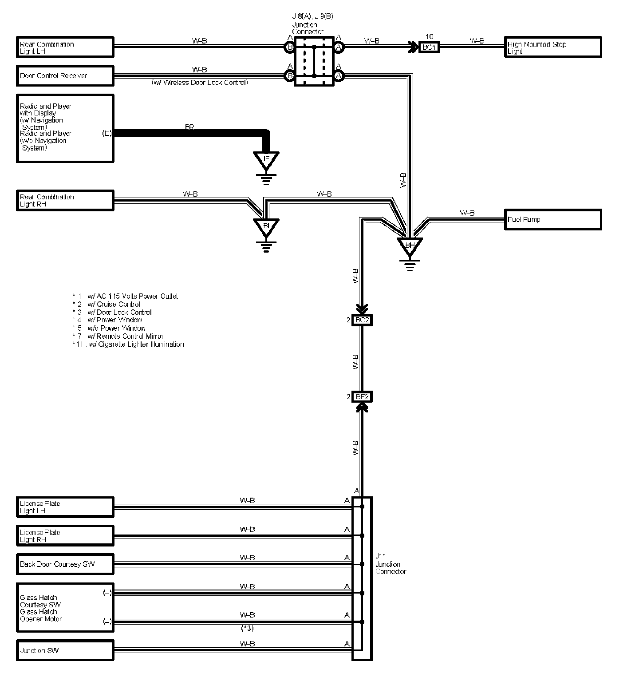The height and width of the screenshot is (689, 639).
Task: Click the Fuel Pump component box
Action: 553,220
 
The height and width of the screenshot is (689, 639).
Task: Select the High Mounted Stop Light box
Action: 553,48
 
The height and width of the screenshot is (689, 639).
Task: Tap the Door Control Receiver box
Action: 65,75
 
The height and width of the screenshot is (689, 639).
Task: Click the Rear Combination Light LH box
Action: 65,48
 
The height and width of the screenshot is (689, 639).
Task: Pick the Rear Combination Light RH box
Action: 65,201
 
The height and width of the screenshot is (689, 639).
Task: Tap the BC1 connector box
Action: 429,47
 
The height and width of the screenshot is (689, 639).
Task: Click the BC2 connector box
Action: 362,320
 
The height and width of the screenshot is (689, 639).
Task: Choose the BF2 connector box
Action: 362,396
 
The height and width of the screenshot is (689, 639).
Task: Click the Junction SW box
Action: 65,650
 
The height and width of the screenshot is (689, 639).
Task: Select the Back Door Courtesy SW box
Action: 65,564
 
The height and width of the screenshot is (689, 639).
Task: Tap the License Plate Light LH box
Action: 65,507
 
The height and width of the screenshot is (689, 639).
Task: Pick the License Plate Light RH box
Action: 65,536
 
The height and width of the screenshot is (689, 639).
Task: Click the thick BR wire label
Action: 189,127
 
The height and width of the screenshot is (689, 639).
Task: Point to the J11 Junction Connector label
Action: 390,564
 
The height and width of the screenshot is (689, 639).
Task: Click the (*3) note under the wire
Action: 247,628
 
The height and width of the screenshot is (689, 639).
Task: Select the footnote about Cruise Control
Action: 106,304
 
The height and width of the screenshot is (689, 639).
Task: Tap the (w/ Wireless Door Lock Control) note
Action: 200,83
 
